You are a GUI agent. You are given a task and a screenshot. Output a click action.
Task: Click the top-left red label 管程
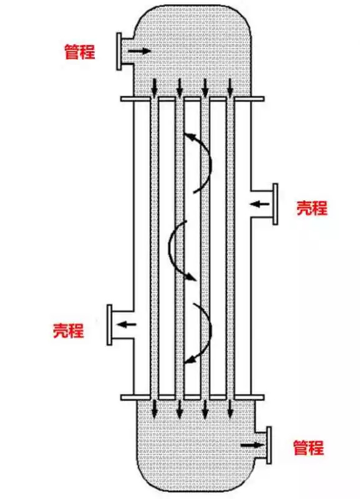coord(80,52)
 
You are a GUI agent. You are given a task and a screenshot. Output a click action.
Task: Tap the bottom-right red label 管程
coord(308,447)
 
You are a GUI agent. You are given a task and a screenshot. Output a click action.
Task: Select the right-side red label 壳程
coord(312,208)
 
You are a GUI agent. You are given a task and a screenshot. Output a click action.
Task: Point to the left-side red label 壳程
coord(69,331)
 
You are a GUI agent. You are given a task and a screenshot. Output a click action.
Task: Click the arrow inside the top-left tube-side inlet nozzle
coord(139,51)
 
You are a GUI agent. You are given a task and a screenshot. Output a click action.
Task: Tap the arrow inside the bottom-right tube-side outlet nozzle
coord(251,445)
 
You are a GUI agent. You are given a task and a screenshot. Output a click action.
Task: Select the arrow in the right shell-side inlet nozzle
coord(260,204)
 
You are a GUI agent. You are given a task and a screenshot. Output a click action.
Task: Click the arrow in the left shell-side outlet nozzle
coord(127,324)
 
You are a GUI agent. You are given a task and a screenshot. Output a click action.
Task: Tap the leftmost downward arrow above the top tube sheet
coord(154,87)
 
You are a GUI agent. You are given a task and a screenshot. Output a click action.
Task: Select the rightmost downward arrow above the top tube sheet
coord(230,87)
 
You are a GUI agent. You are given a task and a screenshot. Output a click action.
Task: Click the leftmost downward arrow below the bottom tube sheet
coord(154,409)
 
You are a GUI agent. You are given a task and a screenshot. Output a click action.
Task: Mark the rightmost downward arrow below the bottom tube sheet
coord(230,409)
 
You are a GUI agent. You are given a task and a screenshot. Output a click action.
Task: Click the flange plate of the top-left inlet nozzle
coord(119,51)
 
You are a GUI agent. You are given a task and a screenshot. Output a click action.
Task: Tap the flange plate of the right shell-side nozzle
coord(275,204)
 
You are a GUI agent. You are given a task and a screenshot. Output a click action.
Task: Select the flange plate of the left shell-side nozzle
coord(109,325)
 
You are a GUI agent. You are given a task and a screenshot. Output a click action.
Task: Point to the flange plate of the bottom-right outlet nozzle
coord(269,445)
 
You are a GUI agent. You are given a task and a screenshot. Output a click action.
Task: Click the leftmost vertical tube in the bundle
coord(154,248)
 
